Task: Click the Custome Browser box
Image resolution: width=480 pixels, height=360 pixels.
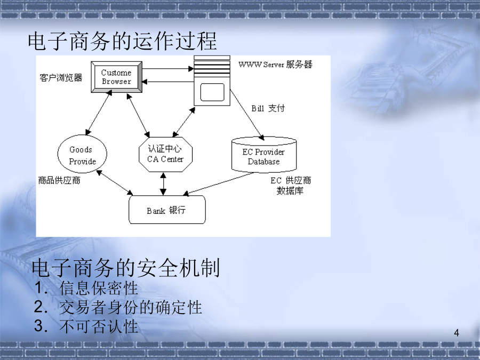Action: [117, 77]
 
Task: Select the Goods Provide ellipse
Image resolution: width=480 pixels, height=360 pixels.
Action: [82, 154]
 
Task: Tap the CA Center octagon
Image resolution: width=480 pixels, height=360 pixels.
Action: [166, 154]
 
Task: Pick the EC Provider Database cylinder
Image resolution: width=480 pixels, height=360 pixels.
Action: [264, 155]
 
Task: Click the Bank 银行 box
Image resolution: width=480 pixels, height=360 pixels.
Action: [167, 210]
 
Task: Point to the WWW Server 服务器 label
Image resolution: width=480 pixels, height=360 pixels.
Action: [275, 65]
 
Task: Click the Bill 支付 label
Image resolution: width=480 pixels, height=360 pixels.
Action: [268, 108]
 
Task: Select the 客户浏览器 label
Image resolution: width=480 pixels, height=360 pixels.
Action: [61, 78]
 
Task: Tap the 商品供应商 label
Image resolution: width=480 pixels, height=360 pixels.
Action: [59, 180]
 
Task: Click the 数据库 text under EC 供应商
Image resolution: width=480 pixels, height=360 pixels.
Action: [290, 191]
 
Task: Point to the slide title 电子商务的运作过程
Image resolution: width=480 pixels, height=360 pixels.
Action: [123, 41]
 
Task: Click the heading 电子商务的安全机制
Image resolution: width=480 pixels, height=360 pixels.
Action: [126, 268]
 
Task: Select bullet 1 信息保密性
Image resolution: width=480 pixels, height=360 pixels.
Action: [86, 288]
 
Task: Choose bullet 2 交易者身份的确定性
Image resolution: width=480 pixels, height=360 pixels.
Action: [118, 307]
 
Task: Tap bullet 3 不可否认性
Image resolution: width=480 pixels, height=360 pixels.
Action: [86, 326]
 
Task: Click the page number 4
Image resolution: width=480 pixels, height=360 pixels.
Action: [457, 333]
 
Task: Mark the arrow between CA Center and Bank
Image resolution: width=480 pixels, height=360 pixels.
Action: [163, 184]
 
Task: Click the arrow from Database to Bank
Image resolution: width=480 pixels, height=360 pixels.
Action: [218, 183]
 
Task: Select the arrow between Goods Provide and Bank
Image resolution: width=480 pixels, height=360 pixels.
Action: [115, 182]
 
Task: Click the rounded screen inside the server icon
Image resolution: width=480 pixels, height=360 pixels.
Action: [212, 92]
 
